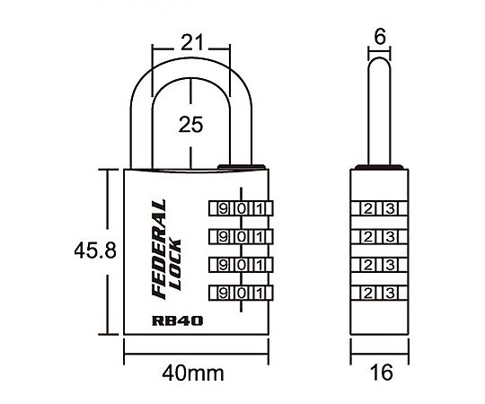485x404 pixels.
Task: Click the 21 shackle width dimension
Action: coord(192,42)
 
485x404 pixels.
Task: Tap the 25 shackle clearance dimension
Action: coord(190,125)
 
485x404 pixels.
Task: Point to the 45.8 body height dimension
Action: coord(95,250)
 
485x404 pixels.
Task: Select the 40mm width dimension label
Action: coord(193,373)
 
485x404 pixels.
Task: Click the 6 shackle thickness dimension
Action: coord(380,37)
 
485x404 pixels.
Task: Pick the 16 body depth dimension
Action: coord(381,373)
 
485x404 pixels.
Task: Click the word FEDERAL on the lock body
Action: coord(159,250)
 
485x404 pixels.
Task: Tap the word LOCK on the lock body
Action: coord(175,264)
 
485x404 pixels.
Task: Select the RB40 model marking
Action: coord(177,321)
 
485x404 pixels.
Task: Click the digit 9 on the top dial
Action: coord(223,209)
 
